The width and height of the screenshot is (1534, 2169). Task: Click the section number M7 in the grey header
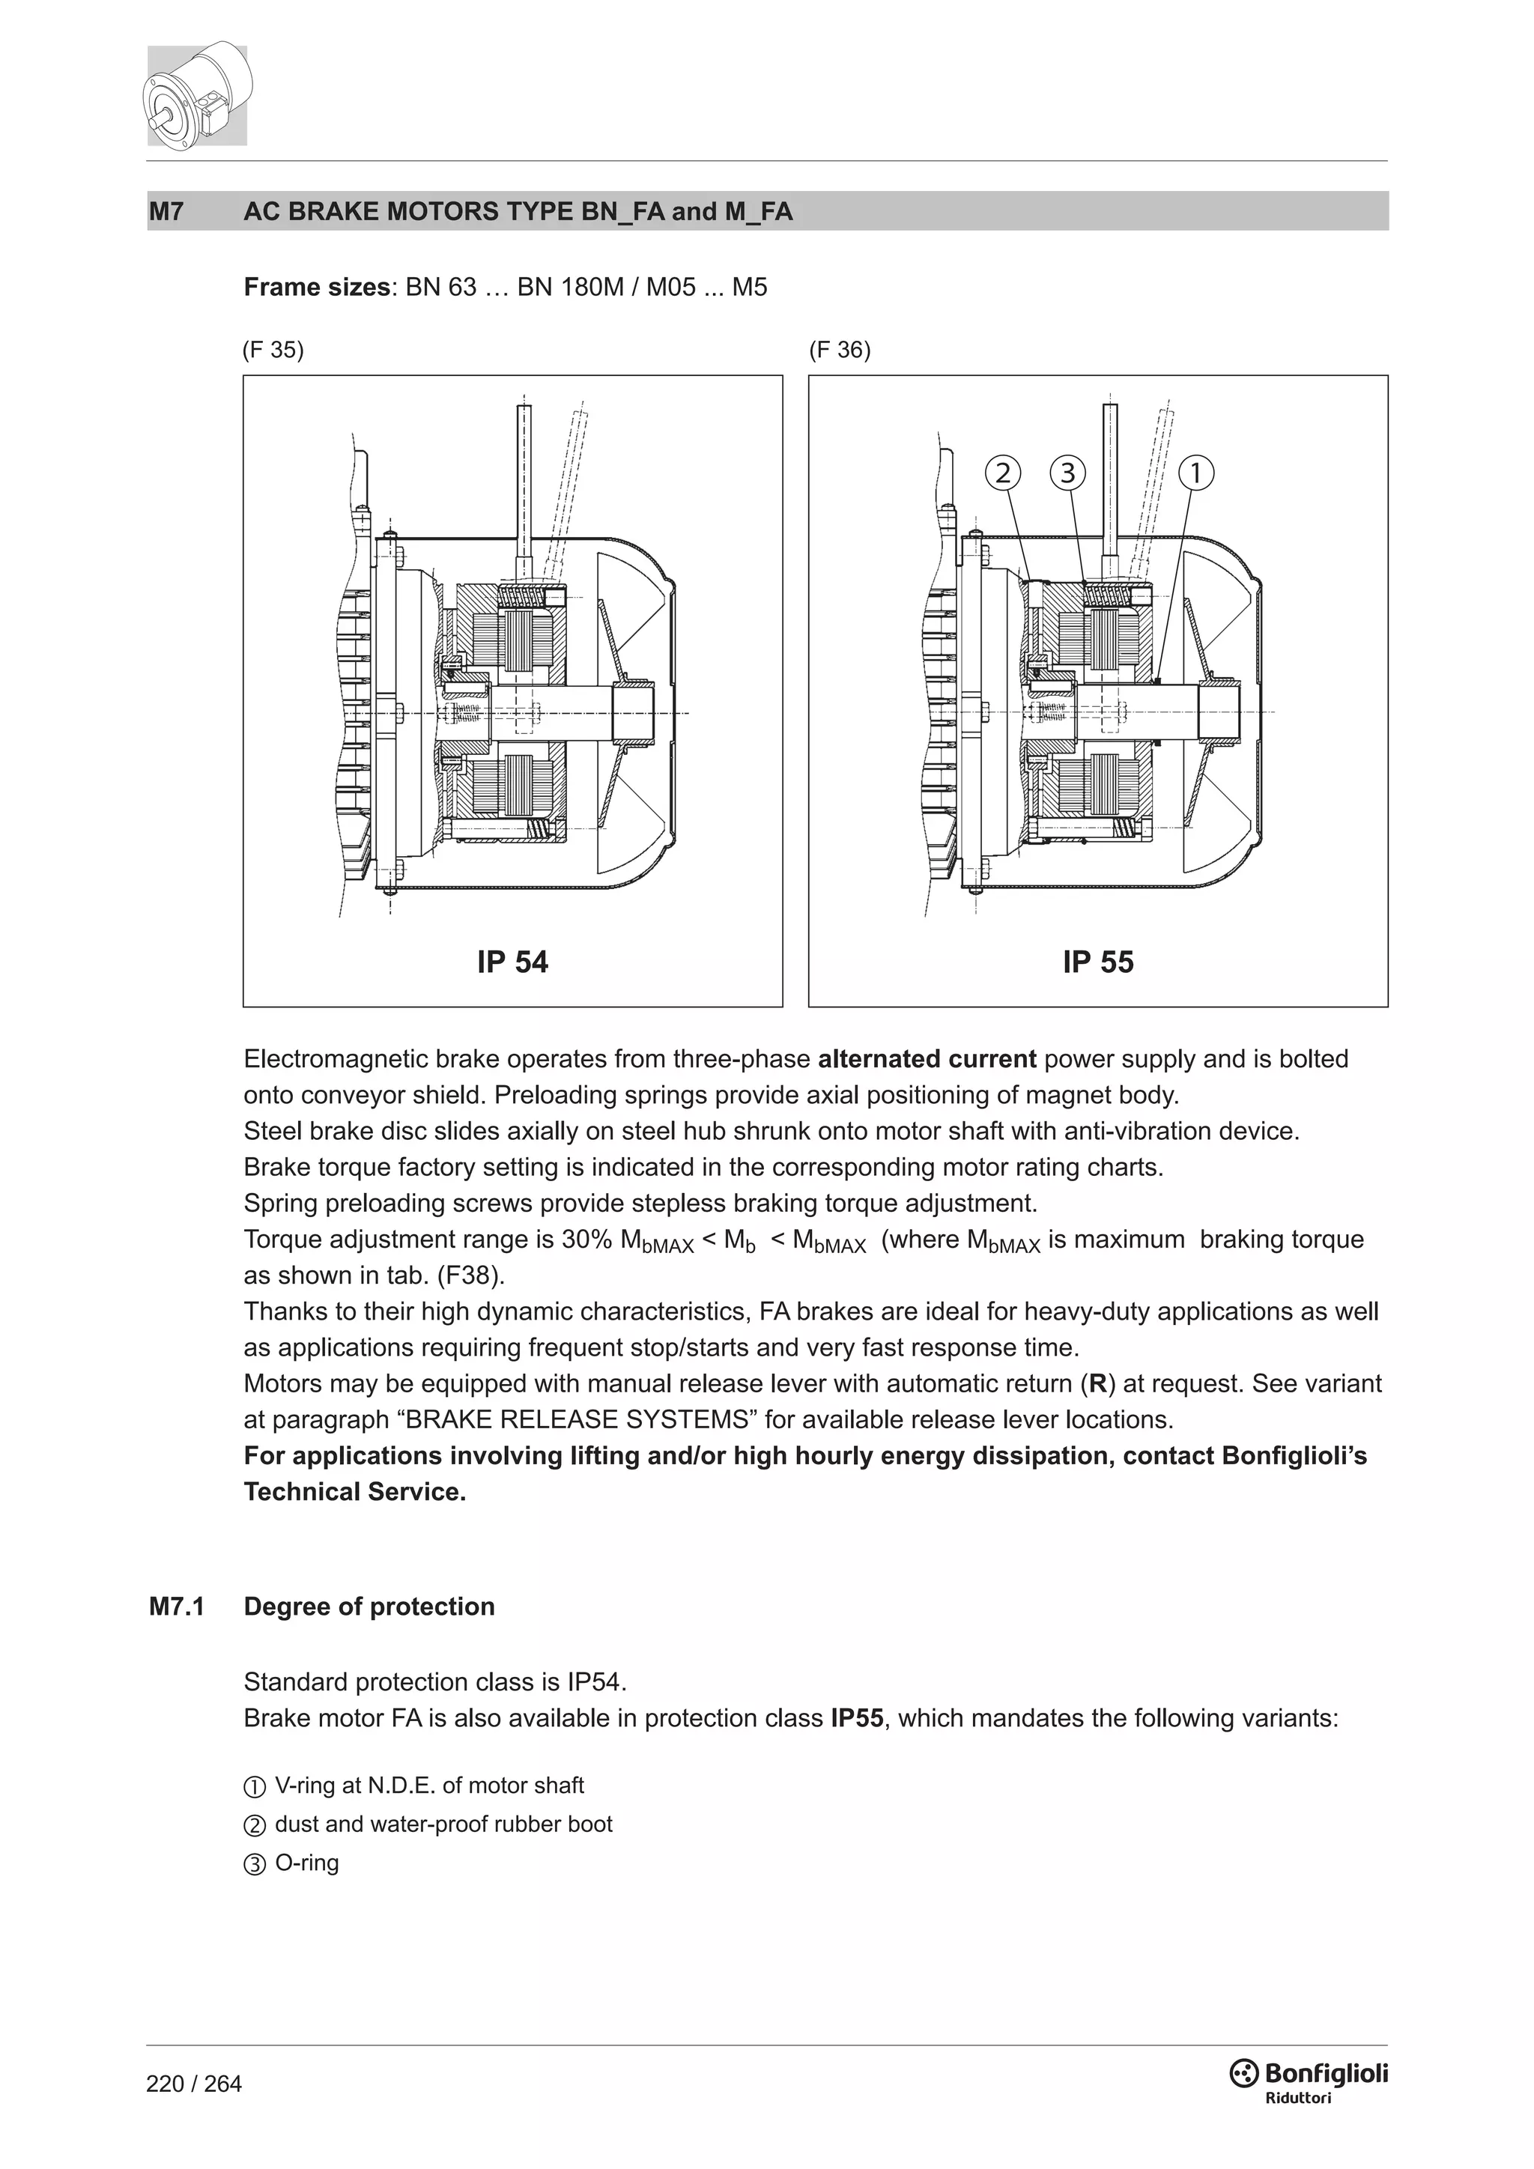click(166, 212)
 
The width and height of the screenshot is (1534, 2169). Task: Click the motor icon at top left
click(198, 94)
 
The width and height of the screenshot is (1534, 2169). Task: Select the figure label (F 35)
click(273, 351)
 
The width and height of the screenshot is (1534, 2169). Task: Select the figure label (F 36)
click(840, 351)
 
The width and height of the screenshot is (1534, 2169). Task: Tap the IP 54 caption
click(512, 962)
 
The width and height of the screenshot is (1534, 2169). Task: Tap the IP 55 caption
click(1097, 962)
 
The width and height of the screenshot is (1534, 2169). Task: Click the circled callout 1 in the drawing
click(1196, 473)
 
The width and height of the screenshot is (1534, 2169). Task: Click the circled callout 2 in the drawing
click(1003, 473)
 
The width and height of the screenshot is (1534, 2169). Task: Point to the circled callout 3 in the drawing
click(1067, 473)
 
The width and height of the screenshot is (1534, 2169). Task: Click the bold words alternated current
click(927, 1059)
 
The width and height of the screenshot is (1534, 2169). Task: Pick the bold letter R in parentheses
click(1097, 1384)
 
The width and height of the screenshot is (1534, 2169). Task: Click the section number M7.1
click(177, 1607)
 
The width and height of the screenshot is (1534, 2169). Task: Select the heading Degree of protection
click(369, 1607)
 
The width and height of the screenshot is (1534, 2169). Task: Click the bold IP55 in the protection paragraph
click(857, 1718)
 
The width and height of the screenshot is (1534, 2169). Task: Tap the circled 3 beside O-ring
click(255, 1865)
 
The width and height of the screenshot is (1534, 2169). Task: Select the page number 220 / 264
click(194, 2084)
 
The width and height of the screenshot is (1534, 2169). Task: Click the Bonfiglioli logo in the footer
click(1309, 2076)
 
